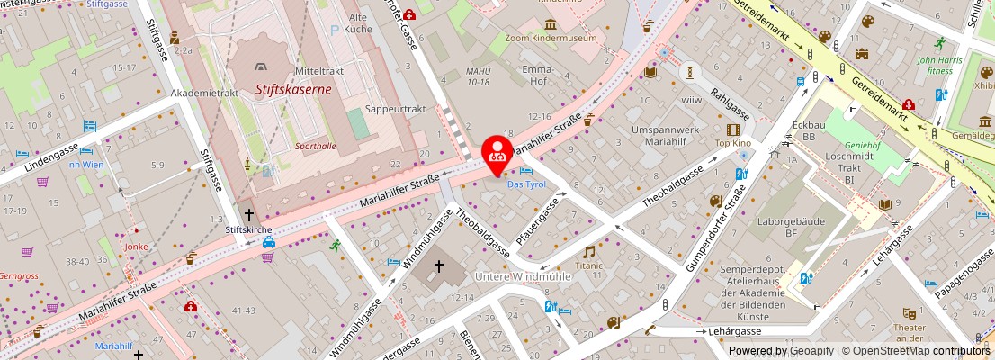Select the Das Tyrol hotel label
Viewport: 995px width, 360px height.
click(x=526, y=184)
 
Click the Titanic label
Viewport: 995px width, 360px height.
click(x=589, y=266)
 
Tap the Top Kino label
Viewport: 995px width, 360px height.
click(x=732, y=143)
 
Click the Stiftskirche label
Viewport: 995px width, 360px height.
click(x=247, y=229)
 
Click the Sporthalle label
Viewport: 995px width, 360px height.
click(x=315, y=145)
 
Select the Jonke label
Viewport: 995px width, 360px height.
click(x=137, y=247)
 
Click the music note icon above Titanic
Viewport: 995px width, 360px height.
click(x=589, y=253)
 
